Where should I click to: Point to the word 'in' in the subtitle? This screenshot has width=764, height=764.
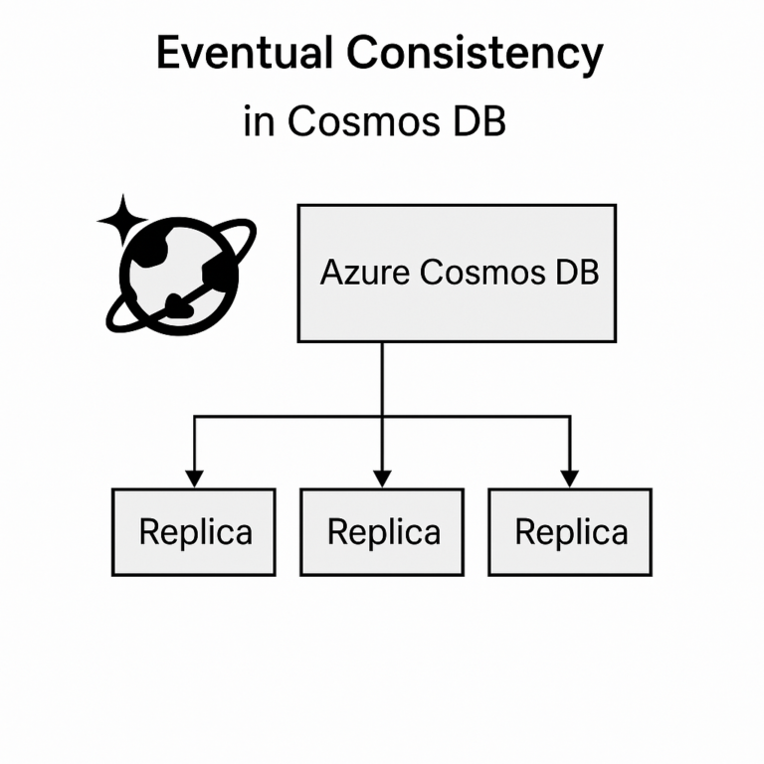click(259, 122)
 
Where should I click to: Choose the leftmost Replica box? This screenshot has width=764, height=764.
click(193, 532)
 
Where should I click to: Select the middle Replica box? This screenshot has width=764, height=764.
click(382, 532)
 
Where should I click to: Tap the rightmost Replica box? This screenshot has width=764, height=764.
click(570, 532)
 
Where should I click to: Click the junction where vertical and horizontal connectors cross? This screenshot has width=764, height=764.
click(382, 416)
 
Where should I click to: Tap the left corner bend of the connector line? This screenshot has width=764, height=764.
click(194, 416)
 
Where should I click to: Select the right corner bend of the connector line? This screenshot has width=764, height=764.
click(570, 416)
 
